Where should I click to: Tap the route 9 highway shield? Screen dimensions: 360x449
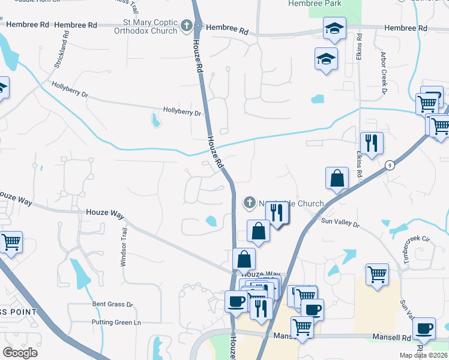pos(390,166)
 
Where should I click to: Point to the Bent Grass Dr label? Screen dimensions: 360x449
pos(112,304)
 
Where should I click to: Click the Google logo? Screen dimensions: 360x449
pos(20,353)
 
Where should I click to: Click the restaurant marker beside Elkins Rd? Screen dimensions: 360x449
pos(372,143)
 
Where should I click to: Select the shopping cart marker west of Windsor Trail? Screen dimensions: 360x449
pos(11,242)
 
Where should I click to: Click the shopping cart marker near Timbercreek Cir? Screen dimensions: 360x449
pos(377,275)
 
